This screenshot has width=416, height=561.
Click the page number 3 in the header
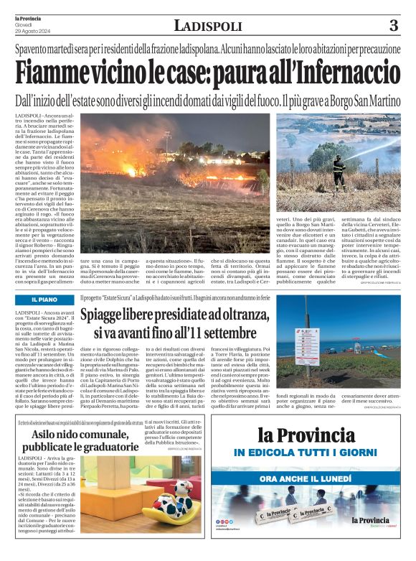click(393, 27)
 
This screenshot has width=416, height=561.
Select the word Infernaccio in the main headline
click(338, 73)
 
